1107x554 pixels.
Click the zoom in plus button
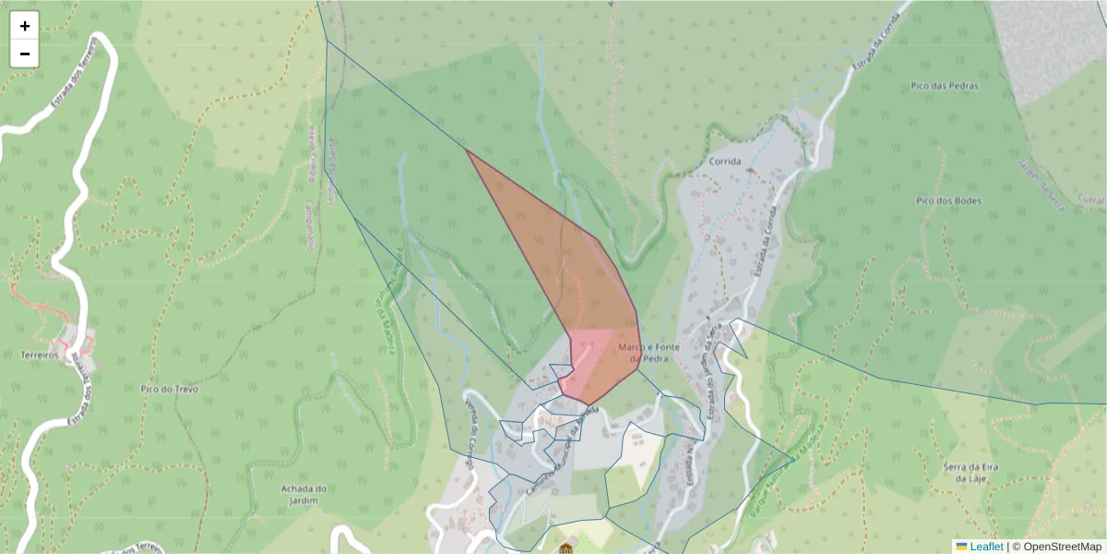point(25,26)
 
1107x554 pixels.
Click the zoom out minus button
point(25,54)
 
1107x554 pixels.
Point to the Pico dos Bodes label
point(948,200)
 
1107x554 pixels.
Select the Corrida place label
point(726,161)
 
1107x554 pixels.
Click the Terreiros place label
point(41,355)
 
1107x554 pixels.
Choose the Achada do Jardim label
point(304,495)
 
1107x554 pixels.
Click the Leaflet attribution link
point(986,547)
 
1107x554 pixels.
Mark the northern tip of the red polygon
point(467,150)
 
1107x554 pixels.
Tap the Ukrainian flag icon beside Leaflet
point(961,547)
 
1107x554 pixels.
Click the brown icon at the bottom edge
point(565,549)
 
